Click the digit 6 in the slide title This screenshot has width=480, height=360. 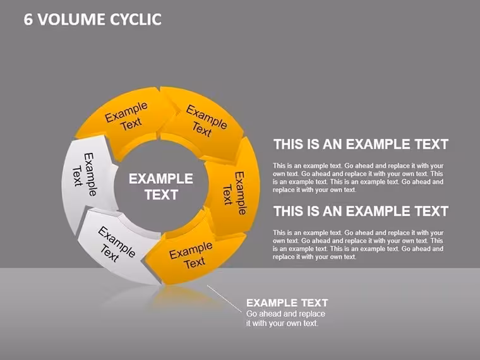point(28,20)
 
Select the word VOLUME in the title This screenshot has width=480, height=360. point(71,20)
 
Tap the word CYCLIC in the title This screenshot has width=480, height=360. point(136,20)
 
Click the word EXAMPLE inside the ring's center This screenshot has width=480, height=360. point(160,179)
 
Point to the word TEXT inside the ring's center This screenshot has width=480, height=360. point(161,195)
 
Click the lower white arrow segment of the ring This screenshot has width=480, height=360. point(118,245)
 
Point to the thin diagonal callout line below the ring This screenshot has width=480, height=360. point(224,299)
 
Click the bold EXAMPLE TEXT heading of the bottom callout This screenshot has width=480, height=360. point(287,303)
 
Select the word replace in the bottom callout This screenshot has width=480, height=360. point(311,314)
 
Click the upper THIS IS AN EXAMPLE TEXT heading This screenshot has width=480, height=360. point(361,145)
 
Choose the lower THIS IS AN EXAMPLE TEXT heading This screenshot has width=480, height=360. point(361,211)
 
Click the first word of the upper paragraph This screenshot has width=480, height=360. point(279,166)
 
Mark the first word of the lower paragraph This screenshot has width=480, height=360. point(279,233)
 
